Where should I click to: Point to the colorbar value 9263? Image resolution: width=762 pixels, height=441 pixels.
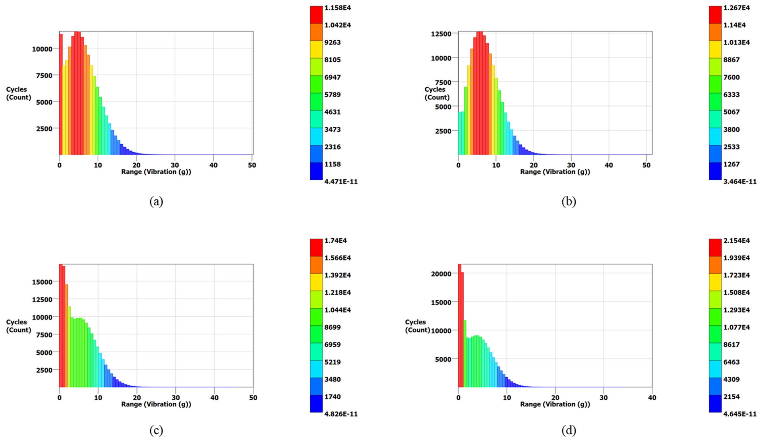click(333, 42)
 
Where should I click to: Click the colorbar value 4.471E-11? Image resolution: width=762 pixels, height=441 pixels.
click(341, 182)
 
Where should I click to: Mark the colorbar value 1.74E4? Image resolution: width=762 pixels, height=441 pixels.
click(335, 241)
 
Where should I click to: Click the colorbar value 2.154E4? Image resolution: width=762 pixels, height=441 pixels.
click(736, 241)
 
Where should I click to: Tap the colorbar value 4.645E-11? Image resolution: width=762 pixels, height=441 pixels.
click(740, 414)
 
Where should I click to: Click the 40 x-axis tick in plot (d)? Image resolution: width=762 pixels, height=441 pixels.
click(652, 398)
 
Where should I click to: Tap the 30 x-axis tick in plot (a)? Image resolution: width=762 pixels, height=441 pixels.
click(175, 165)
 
